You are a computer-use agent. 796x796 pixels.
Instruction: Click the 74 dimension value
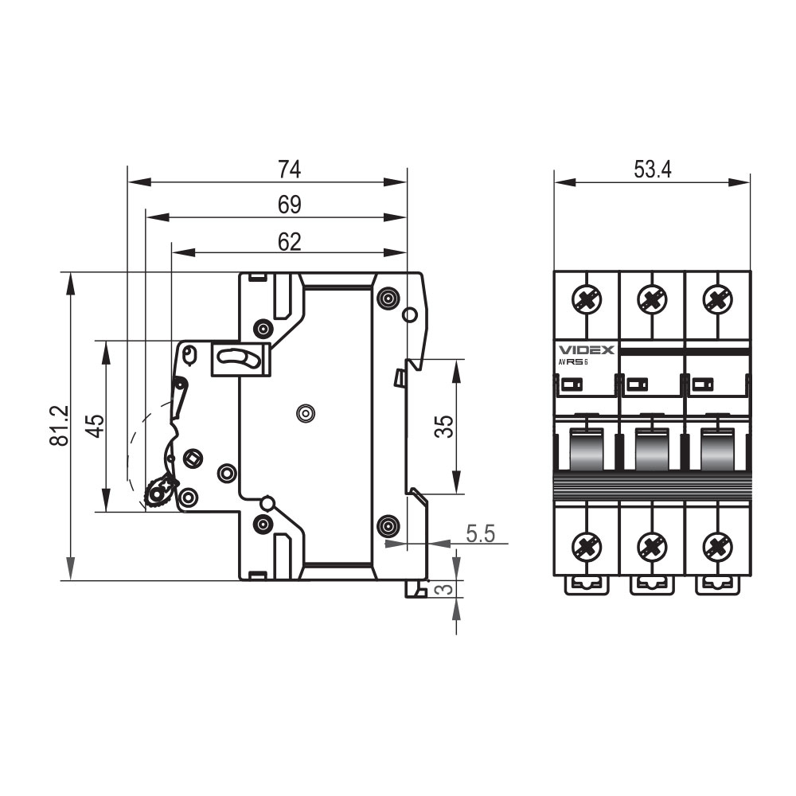[x=290, y=170]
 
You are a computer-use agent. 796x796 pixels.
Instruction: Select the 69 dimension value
[x=290, y=205]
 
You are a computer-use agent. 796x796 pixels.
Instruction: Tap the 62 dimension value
[x=290, y=242]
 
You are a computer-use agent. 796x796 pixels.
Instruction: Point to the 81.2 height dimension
[x=60, y=425]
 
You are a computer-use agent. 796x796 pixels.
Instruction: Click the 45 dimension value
[x=95, y=426]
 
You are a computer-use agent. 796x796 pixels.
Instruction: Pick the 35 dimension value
[x=443, y=427]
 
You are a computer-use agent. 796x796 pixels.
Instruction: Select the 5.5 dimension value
[x=480, y=533]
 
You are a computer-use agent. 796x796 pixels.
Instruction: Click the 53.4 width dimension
[x=653, y=170]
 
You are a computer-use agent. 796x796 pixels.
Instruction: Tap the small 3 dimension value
[x=445, y=589]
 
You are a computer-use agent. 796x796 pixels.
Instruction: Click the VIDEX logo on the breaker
[x=587, y=349]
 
